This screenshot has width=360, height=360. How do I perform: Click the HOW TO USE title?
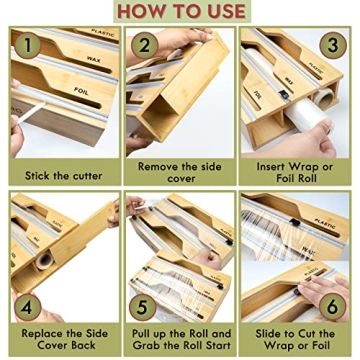pyautogui.click(x=180, y=11)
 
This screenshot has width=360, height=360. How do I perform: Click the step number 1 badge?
pyautogui.click(x=29, y=47)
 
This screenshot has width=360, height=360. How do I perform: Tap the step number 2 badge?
pyautogui.click(x=145, y=46)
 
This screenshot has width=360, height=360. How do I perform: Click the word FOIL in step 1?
pyautogui.click(x=81, y=91)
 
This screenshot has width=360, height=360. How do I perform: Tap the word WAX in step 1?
pyautogui.click(x=92, y=62)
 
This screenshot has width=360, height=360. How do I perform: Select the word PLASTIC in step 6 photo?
pyautogui.click(x=324, y=225)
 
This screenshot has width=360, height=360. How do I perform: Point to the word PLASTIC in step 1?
pyautogui.click(x=104, y=33)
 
